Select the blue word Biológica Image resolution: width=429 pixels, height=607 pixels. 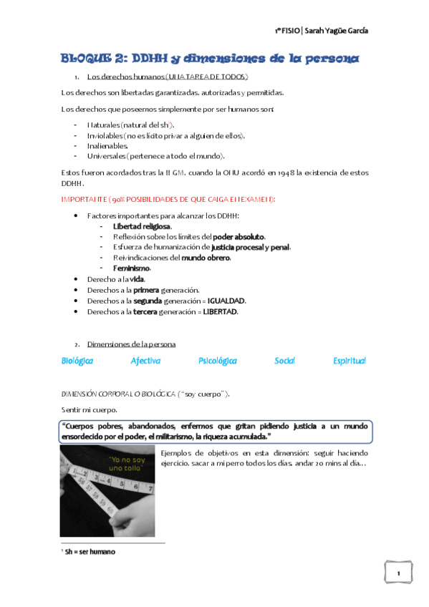[77, 361]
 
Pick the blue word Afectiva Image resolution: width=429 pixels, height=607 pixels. [145, 361]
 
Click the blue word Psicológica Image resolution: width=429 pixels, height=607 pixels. [218, 361]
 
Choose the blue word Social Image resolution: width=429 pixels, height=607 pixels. [284, 361]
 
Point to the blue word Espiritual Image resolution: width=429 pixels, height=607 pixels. [349, 361]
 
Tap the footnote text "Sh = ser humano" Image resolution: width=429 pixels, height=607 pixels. [90, 552]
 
